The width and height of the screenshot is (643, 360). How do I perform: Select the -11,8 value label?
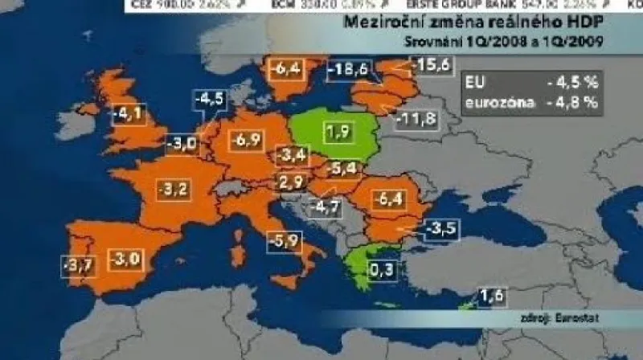[x=418, y=121]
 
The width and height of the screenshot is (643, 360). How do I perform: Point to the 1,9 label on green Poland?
[x=336, y=131]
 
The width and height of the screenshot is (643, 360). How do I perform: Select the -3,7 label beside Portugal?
[x=77, y=262]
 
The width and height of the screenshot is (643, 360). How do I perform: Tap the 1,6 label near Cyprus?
[x=491, y=298]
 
